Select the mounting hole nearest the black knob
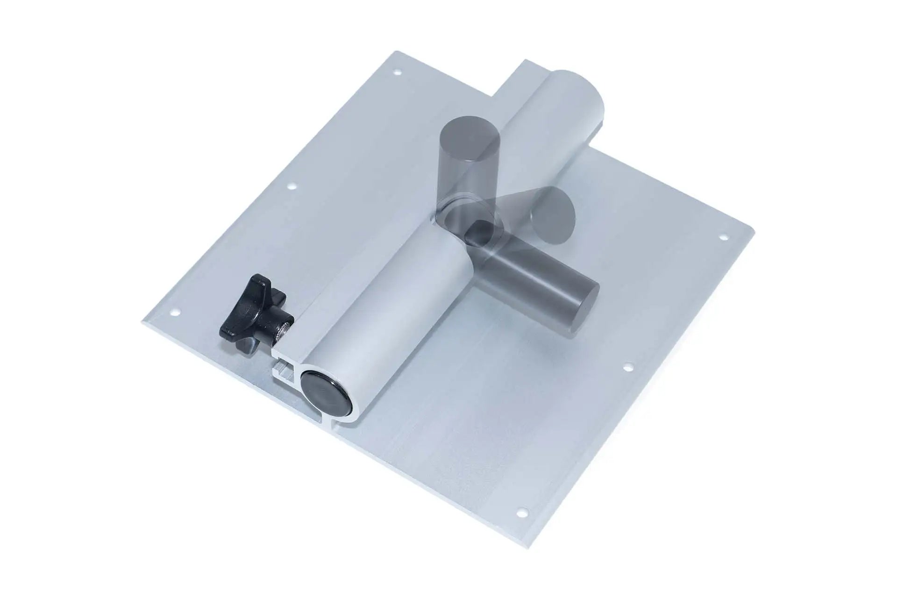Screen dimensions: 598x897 click(x=177, y=313)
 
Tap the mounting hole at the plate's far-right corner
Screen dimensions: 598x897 click(x=725, y=237)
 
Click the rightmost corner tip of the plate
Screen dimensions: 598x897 click(x=753, y=228)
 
